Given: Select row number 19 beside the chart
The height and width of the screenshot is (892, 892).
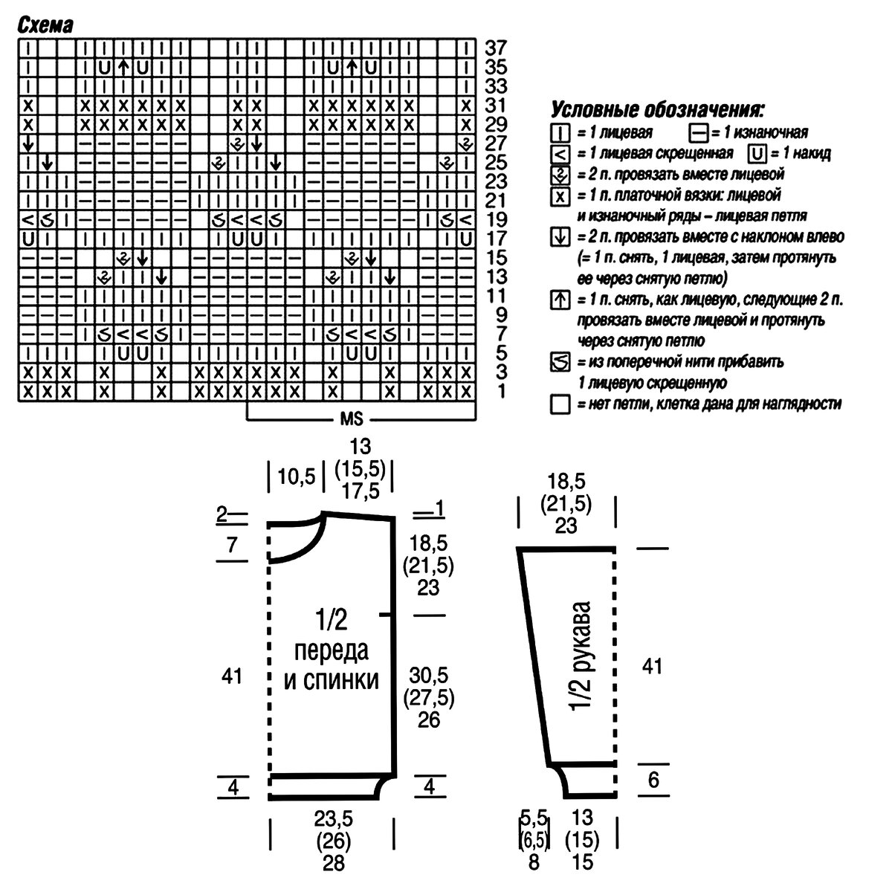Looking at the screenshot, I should pyautogui.click(x=496, y=219).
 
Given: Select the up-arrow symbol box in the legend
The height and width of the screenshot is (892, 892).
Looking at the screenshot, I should pyautogui.click(x=559, y=301).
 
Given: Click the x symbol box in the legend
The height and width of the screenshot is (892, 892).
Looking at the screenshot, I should pyautogui.click(x=559, y=195).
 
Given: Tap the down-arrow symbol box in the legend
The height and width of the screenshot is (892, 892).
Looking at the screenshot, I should pyautogui.click(x=559, y=238).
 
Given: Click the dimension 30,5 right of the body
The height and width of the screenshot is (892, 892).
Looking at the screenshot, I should pyautogui.click(x=429, y=676).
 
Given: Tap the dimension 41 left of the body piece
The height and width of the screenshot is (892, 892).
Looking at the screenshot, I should pyautogui.click(x=233, y=676).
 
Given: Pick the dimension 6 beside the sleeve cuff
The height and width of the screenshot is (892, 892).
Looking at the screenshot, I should pyautogui.click(x=653, y=780).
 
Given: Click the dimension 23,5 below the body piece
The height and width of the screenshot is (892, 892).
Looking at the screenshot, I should pyautogui.click(x=333, y=820).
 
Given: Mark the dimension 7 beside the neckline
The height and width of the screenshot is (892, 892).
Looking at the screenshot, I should pyautogui.click(x=233, y=545).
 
